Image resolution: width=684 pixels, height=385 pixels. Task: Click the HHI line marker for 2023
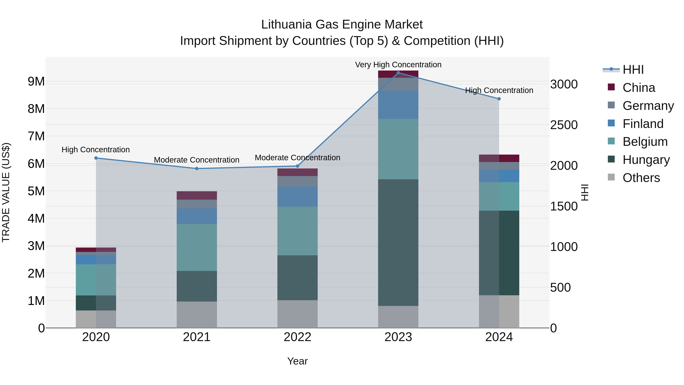[x=398, y=73]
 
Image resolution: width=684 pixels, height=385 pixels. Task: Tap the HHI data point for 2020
[x=96, y=158]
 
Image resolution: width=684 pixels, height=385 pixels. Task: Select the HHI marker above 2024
[x=499, y=99]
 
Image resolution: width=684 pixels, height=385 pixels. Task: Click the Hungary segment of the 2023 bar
[x=398, y=242]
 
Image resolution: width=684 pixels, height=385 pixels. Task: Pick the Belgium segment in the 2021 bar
[x=197, y=247]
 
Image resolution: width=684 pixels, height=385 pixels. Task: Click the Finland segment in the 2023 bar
[x=398, y=105]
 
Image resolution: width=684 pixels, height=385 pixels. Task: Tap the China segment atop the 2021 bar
[x=197, y=195]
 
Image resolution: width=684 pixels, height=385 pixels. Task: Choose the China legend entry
[x=639, y=88]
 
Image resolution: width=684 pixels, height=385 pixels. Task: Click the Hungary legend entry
[x=646, y=160]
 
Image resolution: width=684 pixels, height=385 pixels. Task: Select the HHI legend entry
[x=633, y=70]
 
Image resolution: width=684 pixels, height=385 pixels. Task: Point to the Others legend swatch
[x=611, y=177]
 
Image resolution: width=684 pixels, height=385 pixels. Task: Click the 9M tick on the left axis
[x=36, y=81]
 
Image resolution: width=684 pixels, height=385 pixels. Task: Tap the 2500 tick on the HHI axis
[x=564, y=125]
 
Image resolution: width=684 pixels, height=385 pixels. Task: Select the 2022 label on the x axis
[x=297, y=337]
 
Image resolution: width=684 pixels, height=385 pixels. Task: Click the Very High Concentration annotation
[x=398, y=65]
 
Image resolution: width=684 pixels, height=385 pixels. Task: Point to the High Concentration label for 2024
[x=499, y=90]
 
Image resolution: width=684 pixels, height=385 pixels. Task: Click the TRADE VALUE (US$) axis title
[x=6, y=192]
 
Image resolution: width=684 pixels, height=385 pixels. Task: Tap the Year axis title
[x=297, y=361]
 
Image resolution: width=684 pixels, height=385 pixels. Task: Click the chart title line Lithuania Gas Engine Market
[x=342, y=25]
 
